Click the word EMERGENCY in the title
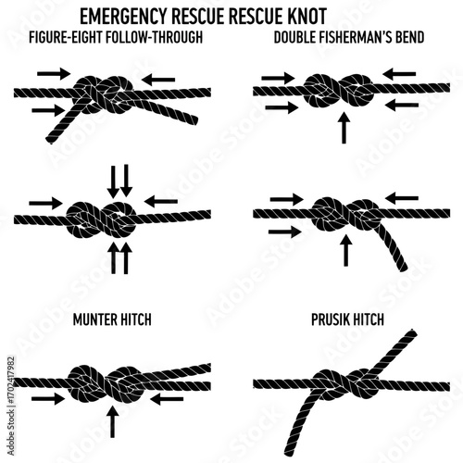(124, 16)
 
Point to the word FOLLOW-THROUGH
(154, 37)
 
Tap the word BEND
(411, 37)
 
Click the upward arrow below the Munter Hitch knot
(113, 421)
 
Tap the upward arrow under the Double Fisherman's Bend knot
(344, 127)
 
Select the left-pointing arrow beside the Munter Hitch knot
(167, 399)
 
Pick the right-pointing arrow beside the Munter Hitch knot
(48, 399)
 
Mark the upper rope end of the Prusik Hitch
(412, 334)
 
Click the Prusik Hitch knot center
(347, 383)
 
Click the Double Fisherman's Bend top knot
(339, 91)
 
